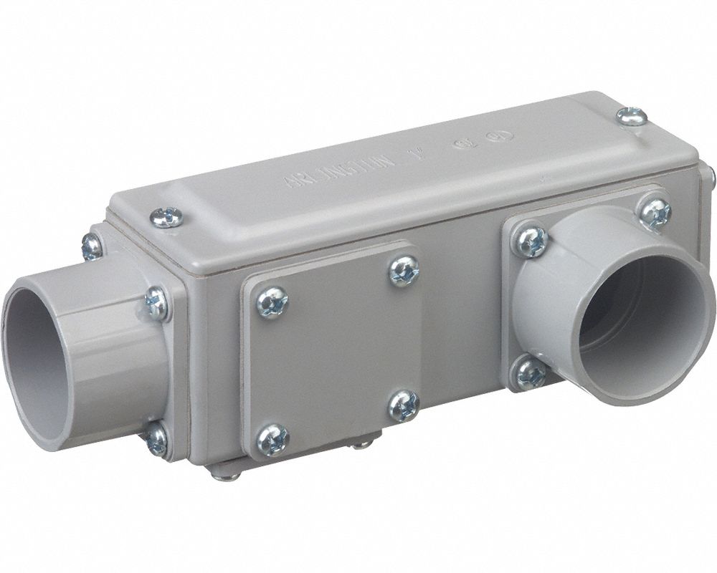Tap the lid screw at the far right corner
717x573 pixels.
point(631,115)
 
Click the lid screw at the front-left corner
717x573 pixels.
point(166,217)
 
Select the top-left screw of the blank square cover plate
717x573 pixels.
point(272,302)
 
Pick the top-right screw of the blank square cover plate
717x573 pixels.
point(404,271)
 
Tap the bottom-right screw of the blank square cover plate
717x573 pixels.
point(404,405)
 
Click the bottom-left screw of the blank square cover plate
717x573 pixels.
point(272,439)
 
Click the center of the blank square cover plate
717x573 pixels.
point(337,355)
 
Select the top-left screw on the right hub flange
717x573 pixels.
point(530,241)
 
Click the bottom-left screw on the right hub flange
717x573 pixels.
point(531,373)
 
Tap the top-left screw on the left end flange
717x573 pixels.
point(92,246)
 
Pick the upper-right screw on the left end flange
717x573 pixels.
point(157,303)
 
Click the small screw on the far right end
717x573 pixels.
point(710,175)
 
